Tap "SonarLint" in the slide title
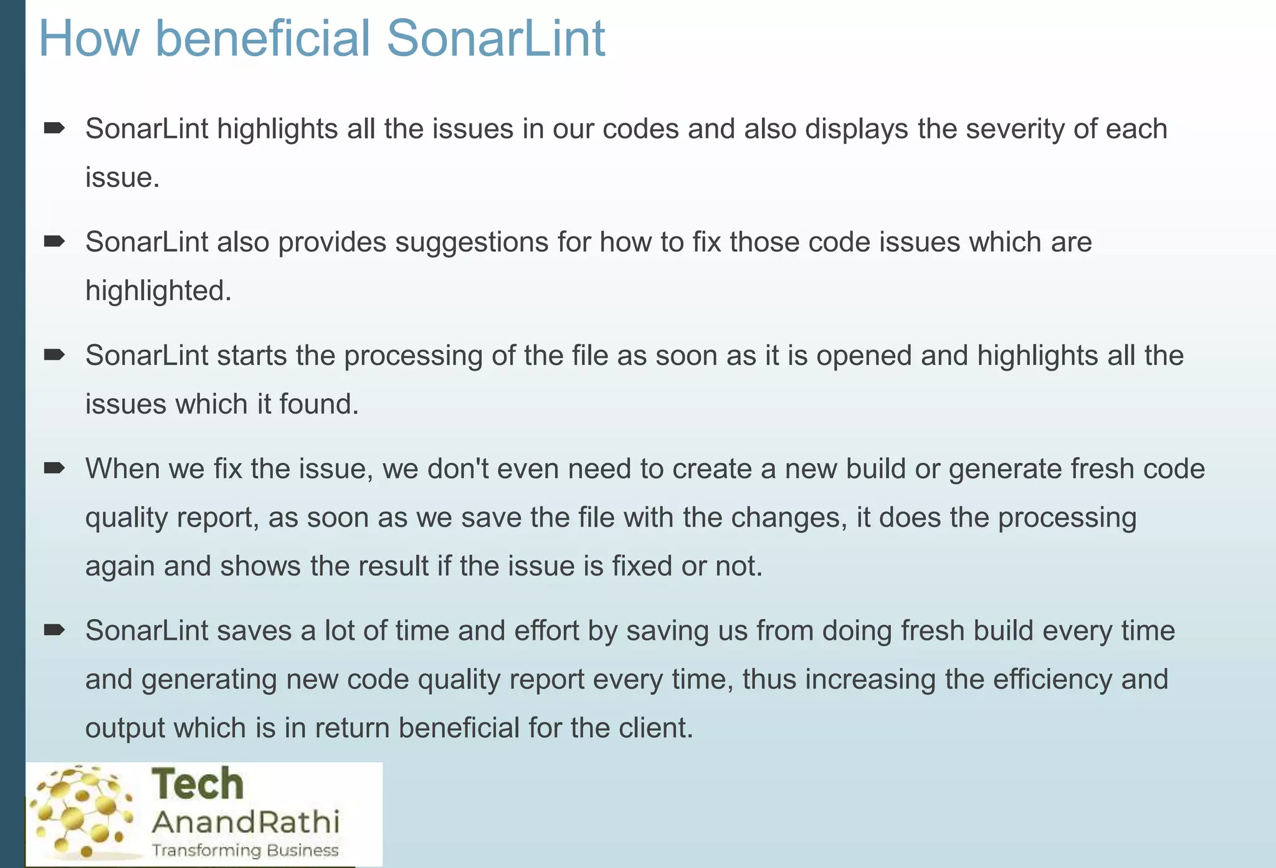coord(495,39)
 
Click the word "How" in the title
coord(89,39)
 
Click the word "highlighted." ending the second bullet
coord(158,290)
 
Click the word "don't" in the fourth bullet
coord(459,469)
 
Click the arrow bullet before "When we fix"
coord(54,468)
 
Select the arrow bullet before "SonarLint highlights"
coord(54,128)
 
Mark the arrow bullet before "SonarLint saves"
coord(54,630)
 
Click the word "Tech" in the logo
coord(198,785)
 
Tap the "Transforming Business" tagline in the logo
coord(245,851)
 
